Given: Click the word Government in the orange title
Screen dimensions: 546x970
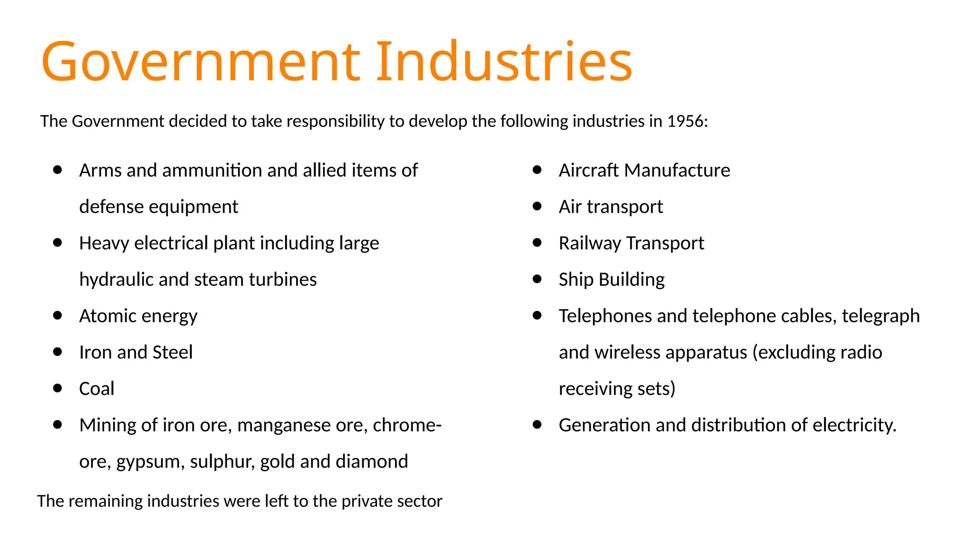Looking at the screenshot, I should coord(201,62).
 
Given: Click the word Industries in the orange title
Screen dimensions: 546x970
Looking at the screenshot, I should coord(504,62).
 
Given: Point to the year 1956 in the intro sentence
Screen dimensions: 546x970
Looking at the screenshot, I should coord(685,121).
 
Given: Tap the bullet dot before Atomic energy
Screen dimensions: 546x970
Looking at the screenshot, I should coord(58,315).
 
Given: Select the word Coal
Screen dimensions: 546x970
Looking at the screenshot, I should coord(97,389).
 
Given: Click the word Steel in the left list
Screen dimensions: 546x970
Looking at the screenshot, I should coord(172,352).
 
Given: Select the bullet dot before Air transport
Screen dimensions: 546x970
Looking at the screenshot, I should coord(537,206).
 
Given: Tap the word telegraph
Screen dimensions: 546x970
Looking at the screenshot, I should coord(880,316).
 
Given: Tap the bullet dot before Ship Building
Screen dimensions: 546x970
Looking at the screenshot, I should coord(537,279).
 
